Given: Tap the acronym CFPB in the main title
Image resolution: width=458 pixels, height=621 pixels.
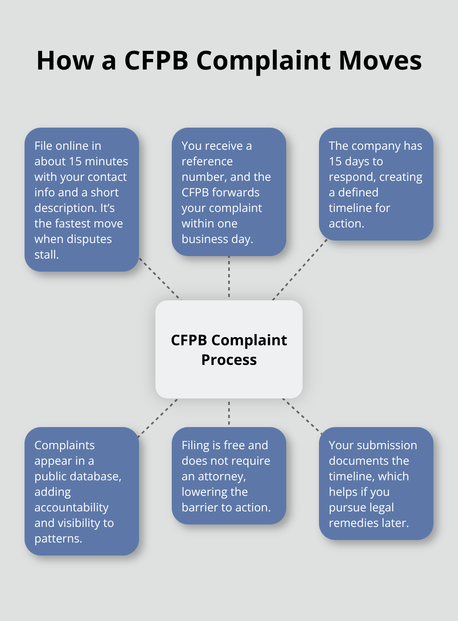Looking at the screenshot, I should pos(156,61).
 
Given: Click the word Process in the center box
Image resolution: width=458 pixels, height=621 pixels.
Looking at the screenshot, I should pos(229,360).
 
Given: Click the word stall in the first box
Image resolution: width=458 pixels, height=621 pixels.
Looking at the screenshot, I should pos(46,255).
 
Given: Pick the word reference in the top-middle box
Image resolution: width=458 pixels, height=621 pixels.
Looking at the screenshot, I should pos(207,162).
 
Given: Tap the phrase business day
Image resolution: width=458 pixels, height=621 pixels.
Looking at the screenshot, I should pos(217,239).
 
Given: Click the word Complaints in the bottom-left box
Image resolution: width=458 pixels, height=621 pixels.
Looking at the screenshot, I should pos(65,445).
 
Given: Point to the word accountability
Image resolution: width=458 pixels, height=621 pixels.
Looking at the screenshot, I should pos(72,508).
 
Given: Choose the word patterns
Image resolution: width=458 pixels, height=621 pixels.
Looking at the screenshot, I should pos(58,539).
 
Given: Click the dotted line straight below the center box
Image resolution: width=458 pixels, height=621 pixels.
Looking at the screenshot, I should pos(229,413).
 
